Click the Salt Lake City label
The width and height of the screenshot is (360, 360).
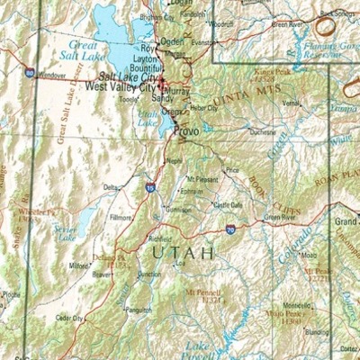pyautogui.click(x=129, y=78)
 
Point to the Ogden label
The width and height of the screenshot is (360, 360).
pyautogui.click(x=174, y=41)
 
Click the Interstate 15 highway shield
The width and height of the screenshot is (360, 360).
pyautogui.click(x=149, y=187)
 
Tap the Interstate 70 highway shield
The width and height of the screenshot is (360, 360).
pyautogui.click(x=230, y=231)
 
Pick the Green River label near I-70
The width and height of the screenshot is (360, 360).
pyautogui.click(x=278, y=218)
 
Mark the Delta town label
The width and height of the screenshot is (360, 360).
pyautogui.click(x=110, y=187)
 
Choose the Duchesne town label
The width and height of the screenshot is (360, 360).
pyautogui.click(x=262, y=131)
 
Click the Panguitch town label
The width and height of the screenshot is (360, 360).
pyautogui.click(x=139, y=309)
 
